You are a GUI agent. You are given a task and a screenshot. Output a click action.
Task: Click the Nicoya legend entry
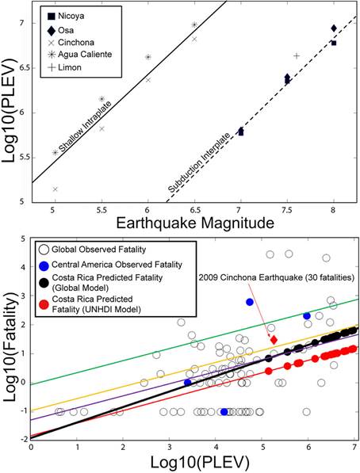coord(66,16)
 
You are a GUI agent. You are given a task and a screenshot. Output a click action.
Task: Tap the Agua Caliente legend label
coord(85,55)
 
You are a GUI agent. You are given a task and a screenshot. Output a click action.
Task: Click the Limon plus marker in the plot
coord(297,55)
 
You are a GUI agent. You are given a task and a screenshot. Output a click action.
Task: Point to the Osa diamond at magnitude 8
coord(333,29)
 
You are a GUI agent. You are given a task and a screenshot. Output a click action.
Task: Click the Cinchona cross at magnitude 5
coord(55,189)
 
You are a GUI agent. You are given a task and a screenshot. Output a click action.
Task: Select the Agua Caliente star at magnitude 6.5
coord(194,25)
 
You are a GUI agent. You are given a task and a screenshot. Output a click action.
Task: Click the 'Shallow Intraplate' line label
coord(85,127)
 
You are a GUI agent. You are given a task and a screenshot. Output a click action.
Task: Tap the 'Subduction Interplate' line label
coord(199,162)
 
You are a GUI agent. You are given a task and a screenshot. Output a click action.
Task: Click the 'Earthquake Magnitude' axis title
coord(195,223)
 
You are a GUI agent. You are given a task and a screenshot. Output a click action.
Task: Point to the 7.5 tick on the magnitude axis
coord(287,209)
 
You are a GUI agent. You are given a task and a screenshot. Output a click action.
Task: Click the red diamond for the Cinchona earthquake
coord(274,340)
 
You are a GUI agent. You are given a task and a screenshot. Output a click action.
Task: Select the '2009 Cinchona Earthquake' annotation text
coord(276,277)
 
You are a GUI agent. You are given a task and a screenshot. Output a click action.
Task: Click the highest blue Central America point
coord(250,302)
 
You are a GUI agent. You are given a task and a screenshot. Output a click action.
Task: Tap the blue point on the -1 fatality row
coord(224,412)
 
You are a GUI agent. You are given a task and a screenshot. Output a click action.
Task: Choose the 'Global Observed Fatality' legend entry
coord(93,250)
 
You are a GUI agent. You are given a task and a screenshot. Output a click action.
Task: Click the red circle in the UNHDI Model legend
coord(44,305)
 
